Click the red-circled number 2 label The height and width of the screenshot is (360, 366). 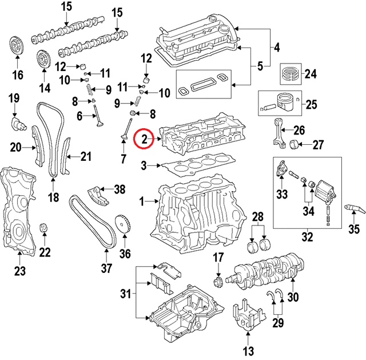tap(144, 139)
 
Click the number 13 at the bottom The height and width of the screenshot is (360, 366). tap(247, 351)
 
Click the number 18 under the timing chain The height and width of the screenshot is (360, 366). tap(53, 198)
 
